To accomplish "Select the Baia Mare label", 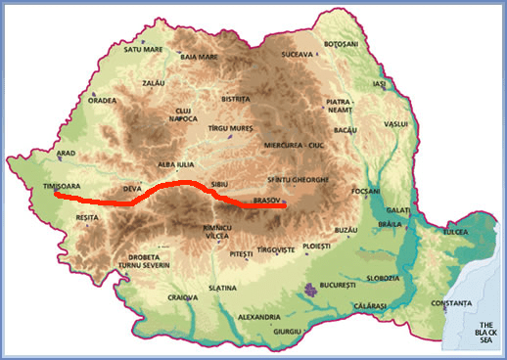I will pos(203,57).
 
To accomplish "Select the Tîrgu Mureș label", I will pos(232,128).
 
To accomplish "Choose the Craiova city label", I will pos(183,296).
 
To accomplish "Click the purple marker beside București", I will pos(311,289).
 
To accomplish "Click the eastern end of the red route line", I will pos(282,206).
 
